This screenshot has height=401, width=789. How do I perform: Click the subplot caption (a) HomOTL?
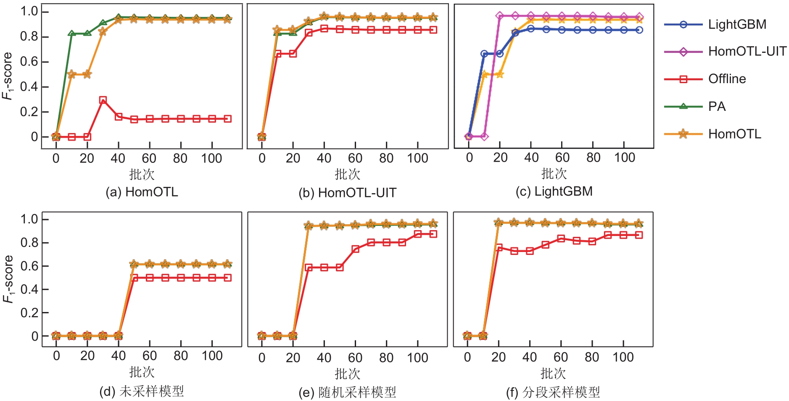[142, 192]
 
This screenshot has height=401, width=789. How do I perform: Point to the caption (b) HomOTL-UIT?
[347, 193]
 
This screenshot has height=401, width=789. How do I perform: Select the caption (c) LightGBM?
[554, 191]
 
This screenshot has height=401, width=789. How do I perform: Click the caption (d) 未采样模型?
[142, 391]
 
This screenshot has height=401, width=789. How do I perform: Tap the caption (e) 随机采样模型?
[347, 393]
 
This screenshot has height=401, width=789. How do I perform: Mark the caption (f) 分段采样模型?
[553, 393]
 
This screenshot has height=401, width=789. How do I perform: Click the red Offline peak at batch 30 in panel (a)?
[103, 100]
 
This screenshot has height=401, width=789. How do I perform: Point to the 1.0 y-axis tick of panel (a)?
[29, 11]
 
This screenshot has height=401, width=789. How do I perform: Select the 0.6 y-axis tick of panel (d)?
[29, 266]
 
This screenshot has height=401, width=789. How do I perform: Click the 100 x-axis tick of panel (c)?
[625, 158]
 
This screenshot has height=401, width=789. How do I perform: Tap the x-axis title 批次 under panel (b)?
[347, 174]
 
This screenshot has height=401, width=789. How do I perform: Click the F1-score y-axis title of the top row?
[8, 76]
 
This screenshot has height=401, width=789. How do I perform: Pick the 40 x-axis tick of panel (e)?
[324, 358]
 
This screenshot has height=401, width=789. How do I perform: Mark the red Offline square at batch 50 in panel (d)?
[135, 278]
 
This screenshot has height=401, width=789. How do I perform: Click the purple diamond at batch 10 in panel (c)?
[484, 136]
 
